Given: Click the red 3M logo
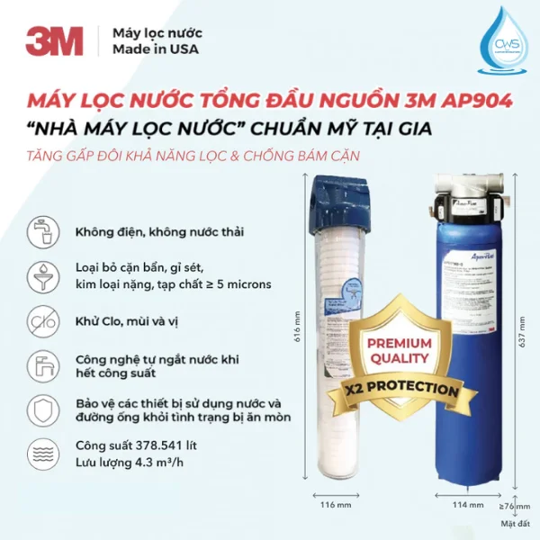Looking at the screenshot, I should (53, 41).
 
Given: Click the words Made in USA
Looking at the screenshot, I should (149, 50).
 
